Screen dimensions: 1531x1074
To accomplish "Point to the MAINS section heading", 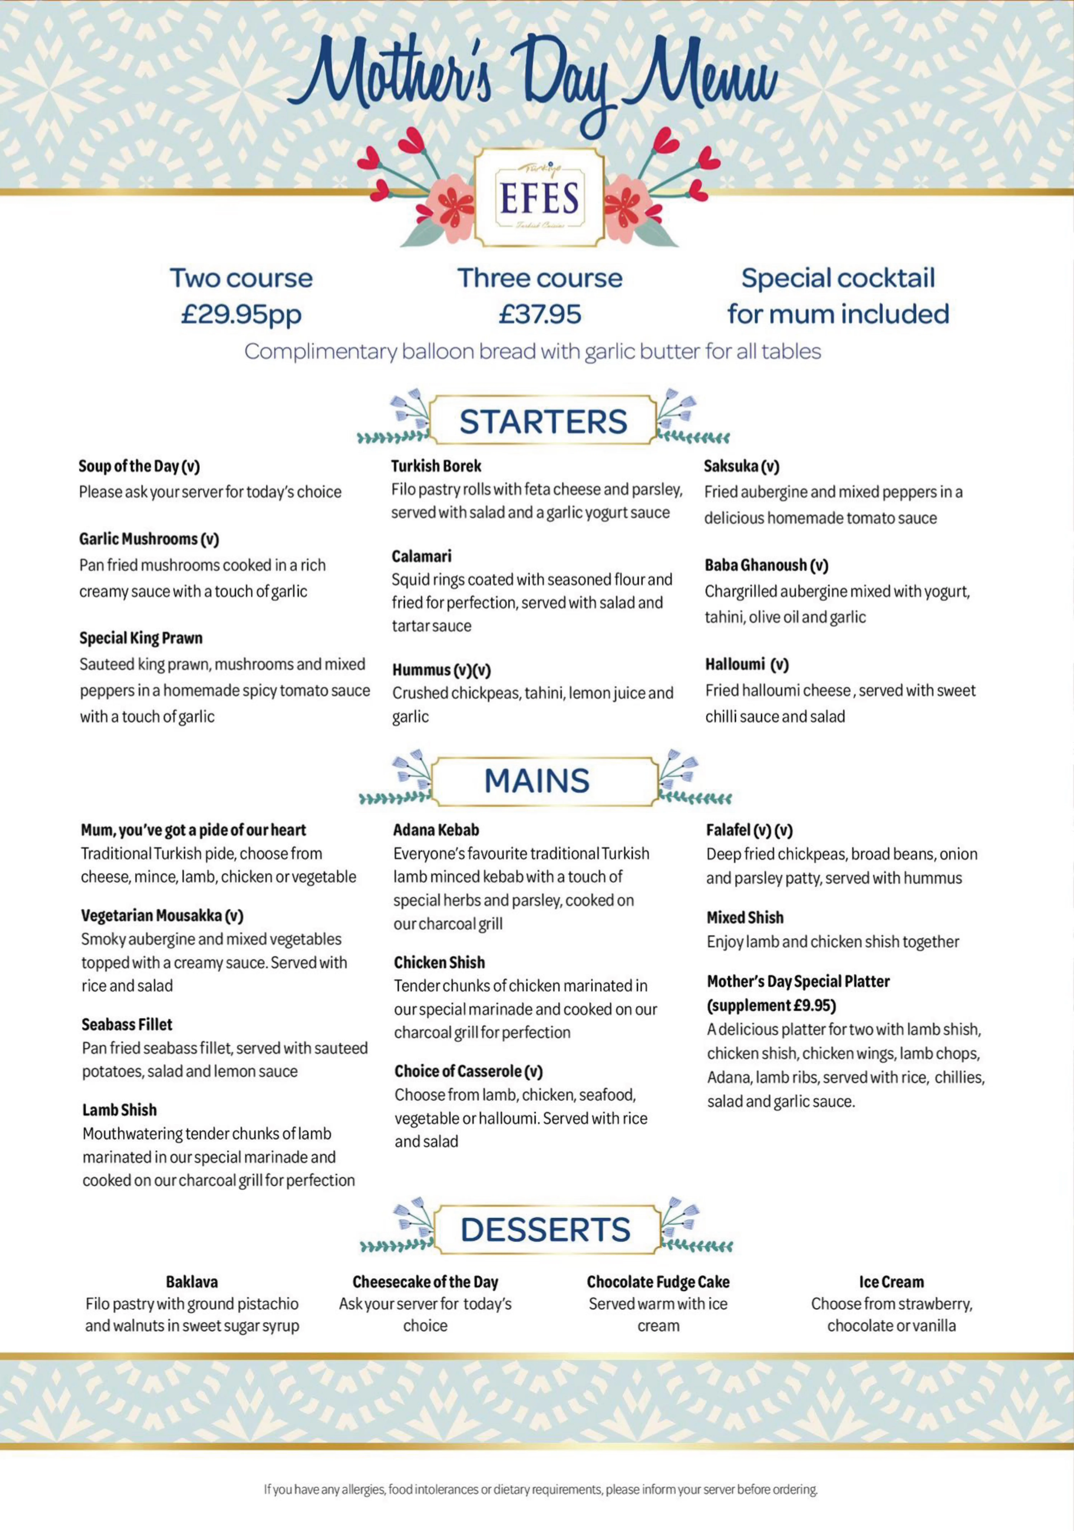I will tap(537, 781).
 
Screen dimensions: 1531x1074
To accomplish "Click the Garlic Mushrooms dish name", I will tap(149, 539).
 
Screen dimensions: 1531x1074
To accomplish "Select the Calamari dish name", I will tap(421, 556).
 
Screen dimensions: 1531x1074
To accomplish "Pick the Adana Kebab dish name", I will tap(436, 830).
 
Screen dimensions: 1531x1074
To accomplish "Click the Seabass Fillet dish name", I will tap(127, 1024).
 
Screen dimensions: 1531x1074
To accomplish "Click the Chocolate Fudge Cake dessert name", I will tap(658, 1282).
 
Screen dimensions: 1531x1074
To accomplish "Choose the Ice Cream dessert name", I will tap(891, 1282).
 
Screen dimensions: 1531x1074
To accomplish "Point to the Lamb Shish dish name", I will tap(119, 1110).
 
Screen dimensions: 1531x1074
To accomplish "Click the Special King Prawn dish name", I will tap(141, 638).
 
